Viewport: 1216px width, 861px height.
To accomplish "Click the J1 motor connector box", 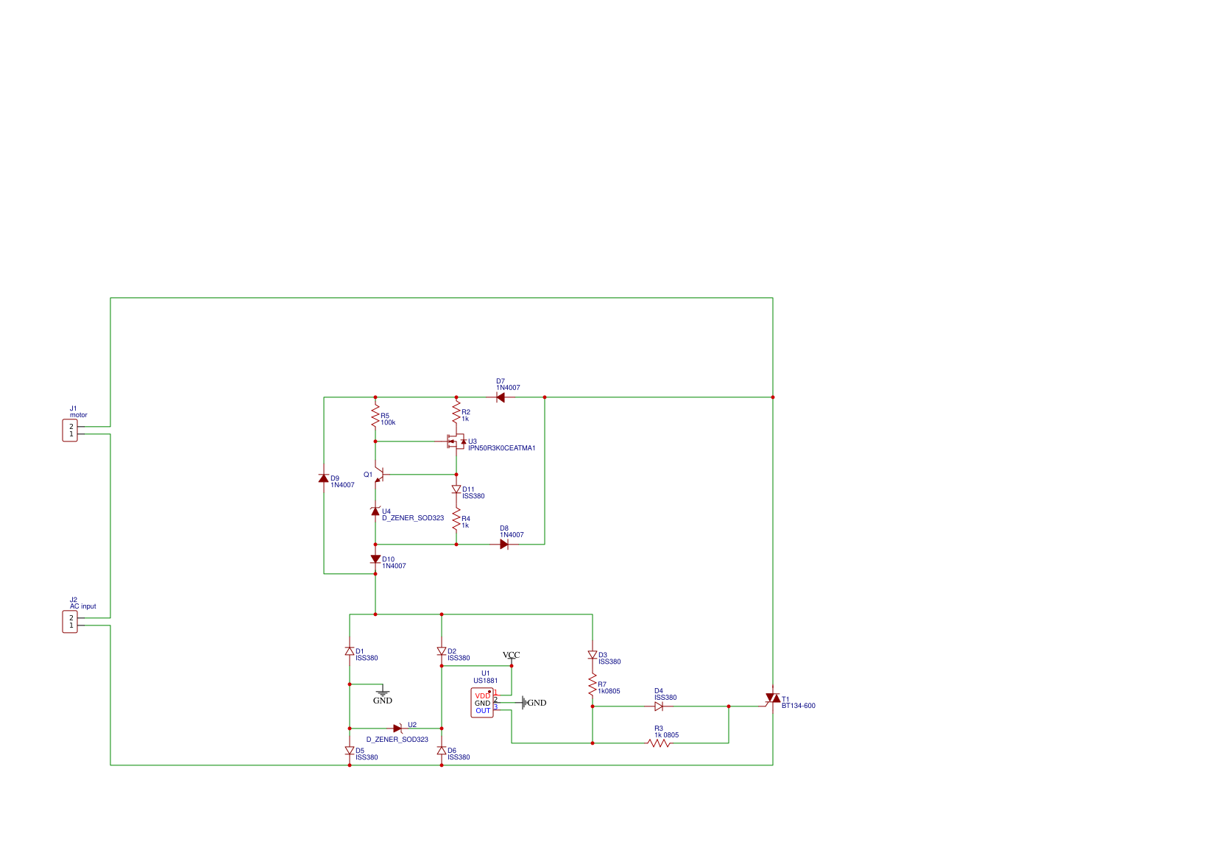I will [70, 431].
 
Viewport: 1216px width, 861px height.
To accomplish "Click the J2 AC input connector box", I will [70, 622].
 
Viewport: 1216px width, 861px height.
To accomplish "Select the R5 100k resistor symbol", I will [375, 417].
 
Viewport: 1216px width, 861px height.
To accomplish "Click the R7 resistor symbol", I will [593, 686].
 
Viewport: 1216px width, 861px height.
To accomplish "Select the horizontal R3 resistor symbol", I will [659, 743].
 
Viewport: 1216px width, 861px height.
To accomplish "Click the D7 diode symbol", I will [501, 397].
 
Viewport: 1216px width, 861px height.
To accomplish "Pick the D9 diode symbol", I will [324, 478].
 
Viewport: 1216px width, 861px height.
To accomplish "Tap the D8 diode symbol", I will [504, 545].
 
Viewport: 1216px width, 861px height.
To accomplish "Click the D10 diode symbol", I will [375, 559].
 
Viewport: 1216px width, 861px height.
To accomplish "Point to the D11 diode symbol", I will [456, 489].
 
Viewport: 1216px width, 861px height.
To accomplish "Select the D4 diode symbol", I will [659, 706].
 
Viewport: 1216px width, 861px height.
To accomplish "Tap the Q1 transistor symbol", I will [378, 475].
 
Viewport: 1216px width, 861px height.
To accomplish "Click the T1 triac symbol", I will [773, 698].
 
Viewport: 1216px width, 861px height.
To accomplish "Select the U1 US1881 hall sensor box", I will [482, 703].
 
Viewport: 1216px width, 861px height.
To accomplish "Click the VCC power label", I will [511, 655].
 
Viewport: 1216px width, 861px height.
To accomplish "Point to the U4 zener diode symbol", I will [375, 511].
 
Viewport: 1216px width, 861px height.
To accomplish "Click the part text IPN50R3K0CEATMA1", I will [502, 448].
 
